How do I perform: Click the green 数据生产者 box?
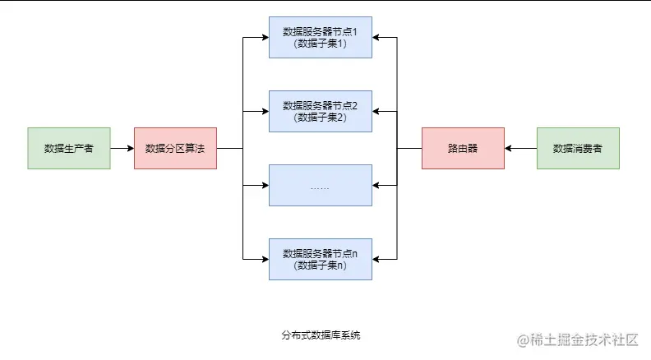(69, 149)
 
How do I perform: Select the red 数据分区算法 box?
(175, 149)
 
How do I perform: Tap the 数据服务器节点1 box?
(321, 38)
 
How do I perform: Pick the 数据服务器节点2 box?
(321, 112)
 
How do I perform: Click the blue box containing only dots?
(321, 186)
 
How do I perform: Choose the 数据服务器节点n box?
(321, 259)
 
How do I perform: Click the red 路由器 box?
(463, 149)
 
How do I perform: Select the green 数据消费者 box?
(578, 149)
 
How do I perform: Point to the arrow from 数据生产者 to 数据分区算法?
(122, 149)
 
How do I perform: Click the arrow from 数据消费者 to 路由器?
(520, 149)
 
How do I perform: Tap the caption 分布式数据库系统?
(321, 335)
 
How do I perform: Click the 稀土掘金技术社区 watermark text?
(577, 339)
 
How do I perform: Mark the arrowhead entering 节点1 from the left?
(265, 38)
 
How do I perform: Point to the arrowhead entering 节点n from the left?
(265, 259)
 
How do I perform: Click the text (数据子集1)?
(321, 44)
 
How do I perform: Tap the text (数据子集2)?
(321, 118)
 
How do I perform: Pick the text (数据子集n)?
(321, 265)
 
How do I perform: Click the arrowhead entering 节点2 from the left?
(265, 112)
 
